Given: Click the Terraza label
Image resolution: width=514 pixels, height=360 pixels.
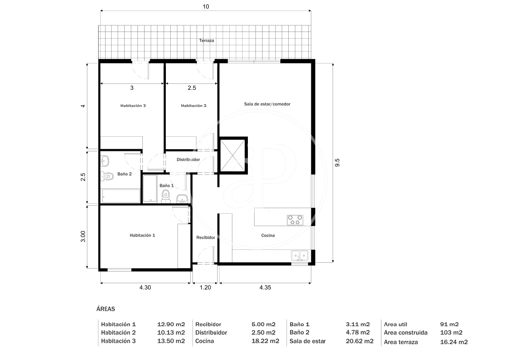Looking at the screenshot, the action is (207, 41).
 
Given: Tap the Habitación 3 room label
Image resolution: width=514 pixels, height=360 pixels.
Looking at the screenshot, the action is (133, 106).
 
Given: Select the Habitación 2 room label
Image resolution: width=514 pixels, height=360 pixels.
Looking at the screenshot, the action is (194, 106).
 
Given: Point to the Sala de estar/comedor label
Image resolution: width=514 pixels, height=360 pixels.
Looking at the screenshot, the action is (267, 104).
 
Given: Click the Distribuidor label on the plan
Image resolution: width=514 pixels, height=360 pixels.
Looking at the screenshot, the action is (188, 160).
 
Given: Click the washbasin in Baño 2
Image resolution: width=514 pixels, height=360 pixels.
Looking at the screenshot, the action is (105, 161).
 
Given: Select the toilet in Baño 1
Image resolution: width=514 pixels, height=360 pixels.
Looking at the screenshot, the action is (166, 196).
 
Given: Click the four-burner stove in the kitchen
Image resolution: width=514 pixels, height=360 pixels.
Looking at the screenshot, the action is (295, 220).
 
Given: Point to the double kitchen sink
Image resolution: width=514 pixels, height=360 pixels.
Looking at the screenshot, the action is (300, 255).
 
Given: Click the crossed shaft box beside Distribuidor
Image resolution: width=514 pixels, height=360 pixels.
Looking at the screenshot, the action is (233, 155).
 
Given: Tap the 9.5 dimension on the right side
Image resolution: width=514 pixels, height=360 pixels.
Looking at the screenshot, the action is (337, 162).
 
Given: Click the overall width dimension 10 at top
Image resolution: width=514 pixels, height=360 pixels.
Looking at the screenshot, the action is (206, 7).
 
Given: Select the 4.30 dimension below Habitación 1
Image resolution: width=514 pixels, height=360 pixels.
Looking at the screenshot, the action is (145, 288).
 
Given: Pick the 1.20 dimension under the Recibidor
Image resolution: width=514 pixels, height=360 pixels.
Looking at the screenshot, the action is (205, 288).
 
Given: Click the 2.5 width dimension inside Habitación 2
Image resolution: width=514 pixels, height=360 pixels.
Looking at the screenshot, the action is (192, 88).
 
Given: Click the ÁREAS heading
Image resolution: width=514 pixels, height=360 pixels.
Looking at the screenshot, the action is (106, 309).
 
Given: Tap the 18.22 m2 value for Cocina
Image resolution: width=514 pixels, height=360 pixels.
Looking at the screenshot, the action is (265, 341).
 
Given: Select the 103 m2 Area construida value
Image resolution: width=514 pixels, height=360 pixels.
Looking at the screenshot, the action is (451, 332).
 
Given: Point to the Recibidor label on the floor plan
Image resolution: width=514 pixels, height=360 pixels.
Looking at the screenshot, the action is (205, 237).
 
